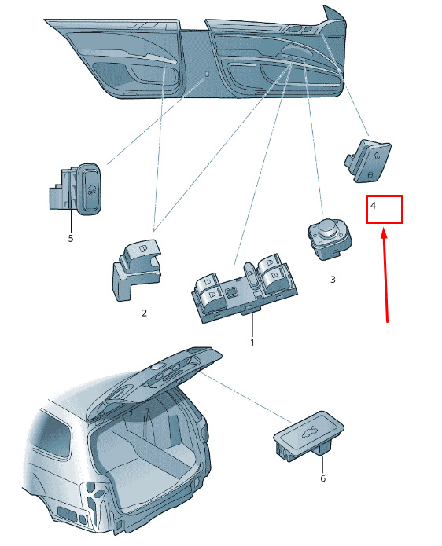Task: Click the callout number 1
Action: (252, 343)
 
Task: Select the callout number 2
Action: (144, 313)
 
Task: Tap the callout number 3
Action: (333, 279)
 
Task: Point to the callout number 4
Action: (374, 206)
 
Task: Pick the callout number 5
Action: (71, 239)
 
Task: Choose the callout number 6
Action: (322, 478)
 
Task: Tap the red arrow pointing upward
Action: (385, 275)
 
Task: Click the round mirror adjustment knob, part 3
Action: (330, 238)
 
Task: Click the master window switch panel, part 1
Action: (244, 288)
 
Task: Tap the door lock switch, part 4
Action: (368, 160)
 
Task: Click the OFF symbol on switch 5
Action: (92, 189)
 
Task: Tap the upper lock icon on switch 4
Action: (377, 156)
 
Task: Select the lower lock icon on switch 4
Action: (370, 175)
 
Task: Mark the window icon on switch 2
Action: (142, 247)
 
